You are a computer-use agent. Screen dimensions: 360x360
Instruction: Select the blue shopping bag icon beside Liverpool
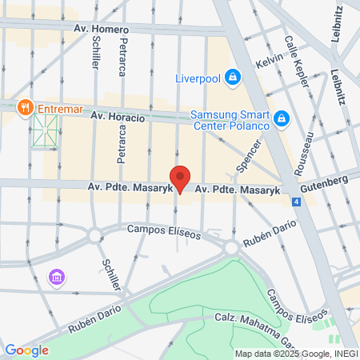(x=232, y=78)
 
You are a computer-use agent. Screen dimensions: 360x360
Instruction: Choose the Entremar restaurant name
(x=58, y=106)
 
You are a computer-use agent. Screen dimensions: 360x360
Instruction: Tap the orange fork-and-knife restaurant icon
(x=26, y=106)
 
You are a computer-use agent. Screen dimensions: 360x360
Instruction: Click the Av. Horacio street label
(x=118, y=117)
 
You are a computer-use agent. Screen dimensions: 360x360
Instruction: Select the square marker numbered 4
(x=297, y=202)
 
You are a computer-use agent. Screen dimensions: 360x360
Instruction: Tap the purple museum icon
(x=56, y=278)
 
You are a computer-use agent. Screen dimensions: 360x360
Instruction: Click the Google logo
(x=26, y=350)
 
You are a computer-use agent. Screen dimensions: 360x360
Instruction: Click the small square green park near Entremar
(x=45, y=130)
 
